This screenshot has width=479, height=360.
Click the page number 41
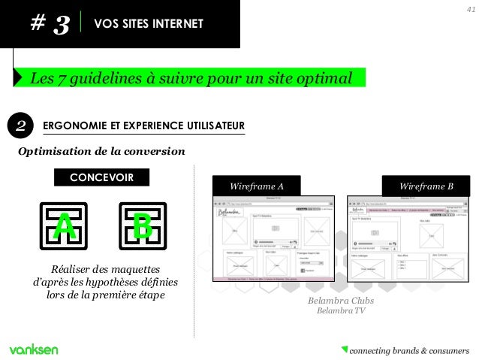tap(471, 9)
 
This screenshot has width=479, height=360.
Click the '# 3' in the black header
tap(50, 25)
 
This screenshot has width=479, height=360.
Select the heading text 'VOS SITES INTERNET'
tap(148, 25)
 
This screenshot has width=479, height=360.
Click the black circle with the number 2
tap(21, 126)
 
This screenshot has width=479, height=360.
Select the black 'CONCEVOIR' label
tap(101, 177)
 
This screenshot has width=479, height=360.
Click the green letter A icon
tap(65, 228)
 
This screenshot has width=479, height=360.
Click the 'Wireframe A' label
tap(258, 186)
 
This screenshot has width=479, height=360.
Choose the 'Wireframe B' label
tap(426, 186)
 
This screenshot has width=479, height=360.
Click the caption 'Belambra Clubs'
tap(341, 301)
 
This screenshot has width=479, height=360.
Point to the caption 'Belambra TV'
tap(341, 311)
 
